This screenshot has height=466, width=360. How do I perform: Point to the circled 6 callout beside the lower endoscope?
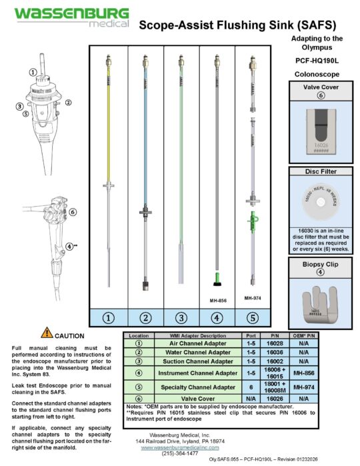tap(72, 212)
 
